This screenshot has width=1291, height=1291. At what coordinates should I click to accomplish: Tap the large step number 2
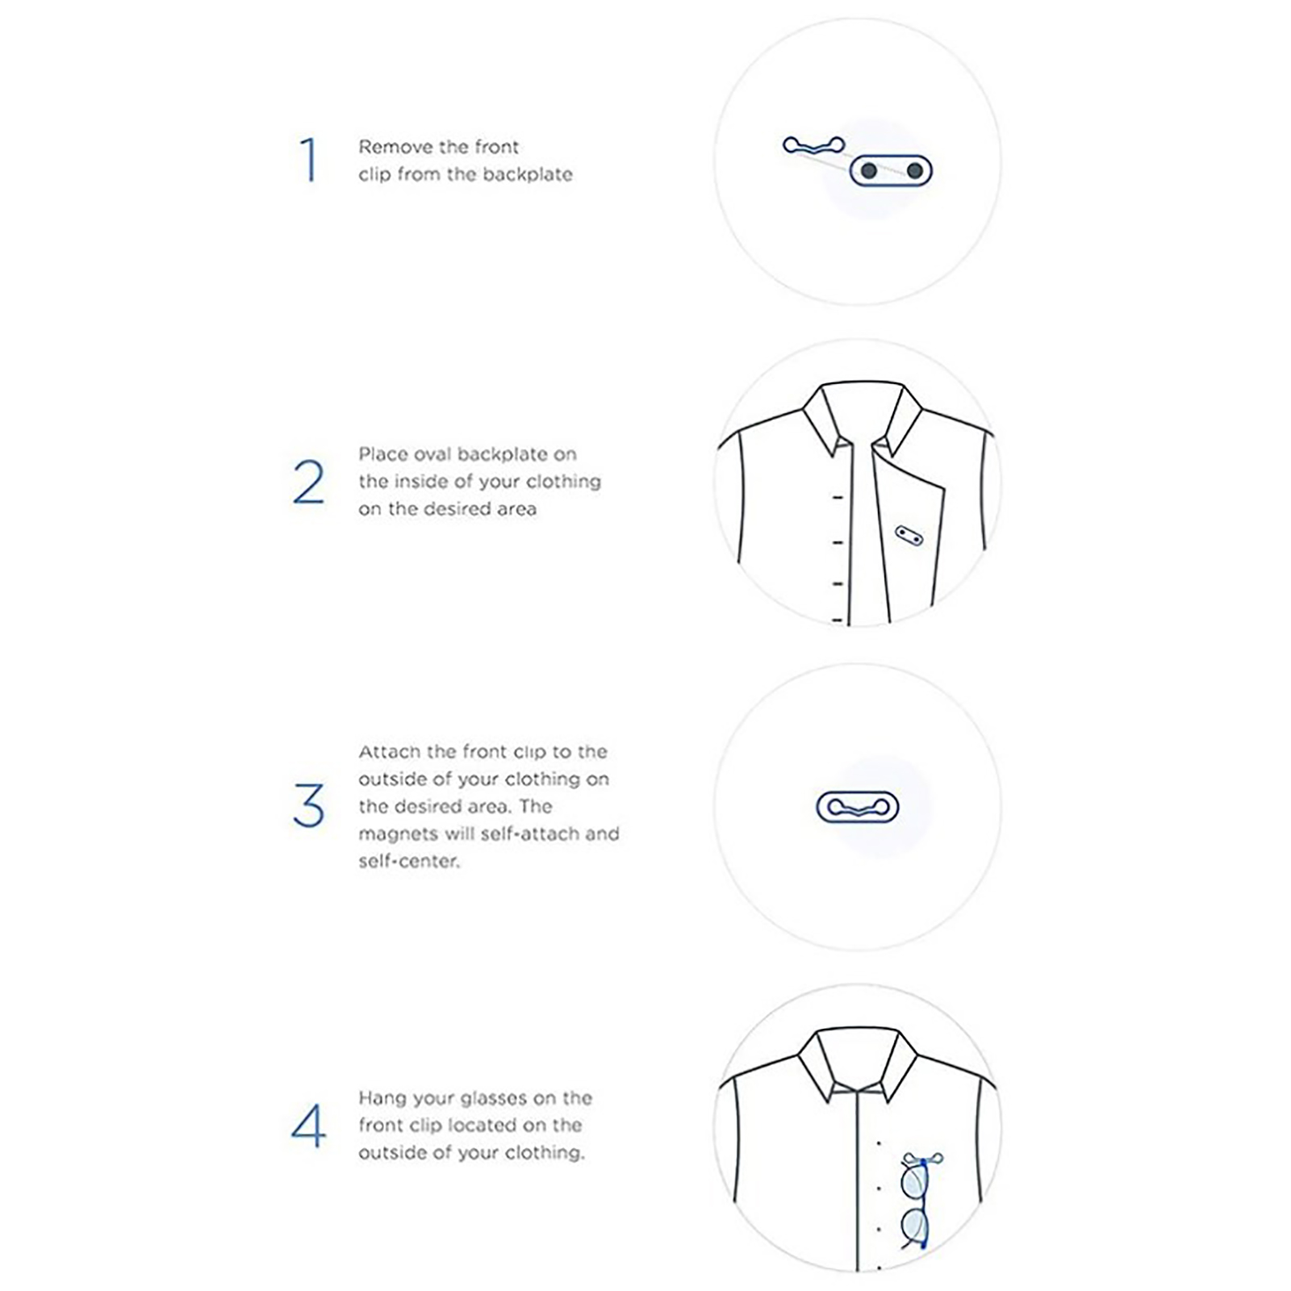[309, 482]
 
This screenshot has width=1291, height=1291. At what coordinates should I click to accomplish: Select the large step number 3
[309, 804]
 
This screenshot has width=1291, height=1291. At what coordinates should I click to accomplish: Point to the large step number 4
[308, 1126]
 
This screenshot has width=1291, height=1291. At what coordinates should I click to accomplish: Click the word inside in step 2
[422, 482]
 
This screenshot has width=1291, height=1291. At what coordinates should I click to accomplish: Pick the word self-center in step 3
[408, 861]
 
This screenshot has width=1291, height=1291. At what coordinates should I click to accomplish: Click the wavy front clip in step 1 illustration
[814, 145]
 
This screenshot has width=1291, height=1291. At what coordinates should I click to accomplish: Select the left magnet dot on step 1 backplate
[869, 171]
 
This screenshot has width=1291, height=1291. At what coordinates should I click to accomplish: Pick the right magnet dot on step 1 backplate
[914, 171]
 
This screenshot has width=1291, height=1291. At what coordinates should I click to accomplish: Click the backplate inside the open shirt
[909, 536]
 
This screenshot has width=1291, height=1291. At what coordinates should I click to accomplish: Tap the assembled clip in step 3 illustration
[858, 807]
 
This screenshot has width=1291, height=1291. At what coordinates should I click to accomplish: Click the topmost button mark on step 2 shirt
[838, 498]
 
